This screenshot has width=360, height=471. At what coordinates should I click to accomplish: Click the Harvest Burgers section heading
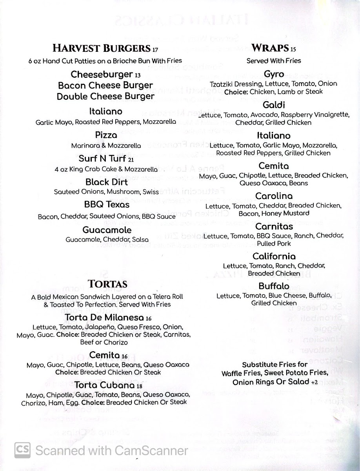(102, 49)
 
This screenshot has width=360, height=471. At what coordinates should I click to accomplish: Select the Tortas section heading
(107, 284)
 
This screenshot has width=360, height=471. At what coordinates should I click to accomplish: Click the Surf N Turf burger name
(102, 159)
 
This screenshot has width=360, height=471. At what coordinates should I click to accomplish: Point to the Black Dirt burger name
(106, 182)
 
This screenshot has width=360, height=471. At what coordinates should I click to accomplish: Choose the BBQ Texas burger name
(106, 204)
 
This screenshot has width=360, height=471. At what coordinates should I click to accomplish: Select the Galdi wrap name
(274, 105)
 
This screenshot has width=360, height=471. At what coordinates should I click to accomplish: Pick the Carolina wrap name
(274, 196)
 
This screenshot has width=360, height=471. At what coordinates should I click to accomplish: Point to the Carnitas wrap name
(274, 226)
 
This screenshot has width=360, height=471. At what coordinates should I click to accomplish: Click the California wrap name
(274, 256)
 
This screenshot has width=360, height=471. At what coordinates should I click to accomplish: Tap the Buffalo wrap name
(274, 286)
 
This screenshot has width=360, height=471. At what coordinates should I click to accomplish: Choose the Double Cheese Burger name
(105, 96)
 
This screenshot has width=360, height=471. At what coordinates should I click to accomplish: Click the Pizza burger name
(106, 135)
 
